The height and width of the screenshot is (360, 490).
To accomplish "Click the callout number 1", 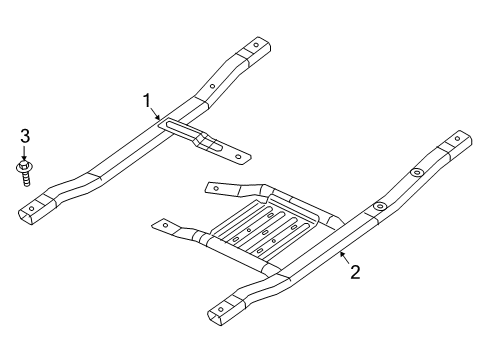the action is [147, 101].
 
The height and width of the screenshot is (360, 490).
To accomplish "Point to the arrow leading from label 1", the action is [157, 115].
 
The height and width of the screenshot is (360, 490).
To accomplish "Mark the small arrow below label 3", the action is [25, 153].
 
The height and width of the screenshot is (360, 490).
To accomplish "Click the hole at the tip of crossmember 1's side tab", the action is [238, 155].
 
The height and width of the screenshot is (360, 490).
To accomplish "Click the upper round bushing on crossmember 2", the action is [416, 174].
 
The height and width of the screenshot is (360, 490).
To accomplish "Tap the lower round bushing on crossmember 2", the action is [379, 206].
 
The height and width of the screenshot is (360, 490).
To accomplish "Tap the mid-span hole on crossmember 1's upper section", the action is [213, 85].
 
